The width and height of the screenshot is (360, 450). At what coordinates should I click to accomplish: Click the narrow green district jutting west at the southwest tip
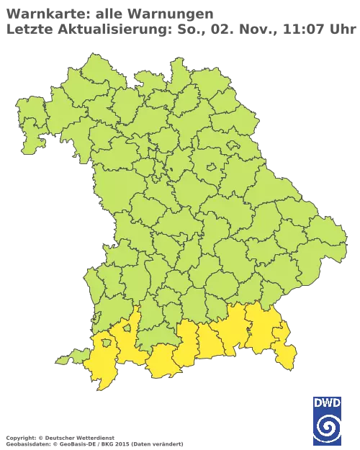[x=69, y=357]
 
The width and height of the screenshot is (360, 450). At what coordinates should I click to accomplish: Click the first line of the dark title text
[x=108, y=14]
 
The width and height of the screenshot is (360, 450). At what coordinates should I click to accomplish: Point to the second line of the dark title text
[x=180, y=29]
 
